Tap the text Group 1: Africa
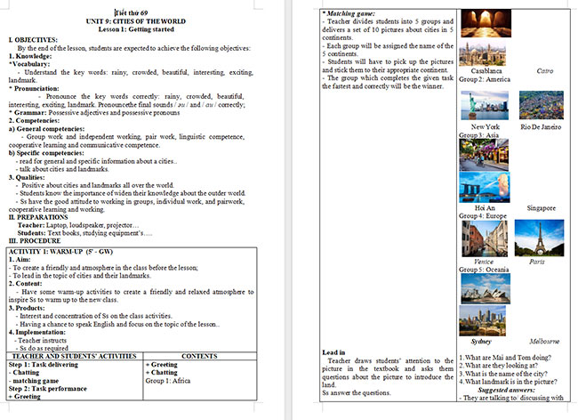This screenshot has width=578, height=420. pyautogui.click(x=169, y=379)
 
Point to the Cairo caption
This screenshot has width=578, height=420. pyautogui.click(x=546, y=70)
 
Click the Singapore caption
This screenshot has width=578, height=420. pyautogui.click(x=542, y=208)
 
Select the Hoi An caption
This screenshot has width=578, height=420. pyautogui.click(x=485, y=208)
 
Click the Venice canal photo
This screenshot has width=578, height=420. pyautogui.click(x=484, y=238)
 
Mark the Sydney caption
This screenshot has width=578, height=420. pyautogui.click(x=481, y=342)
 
